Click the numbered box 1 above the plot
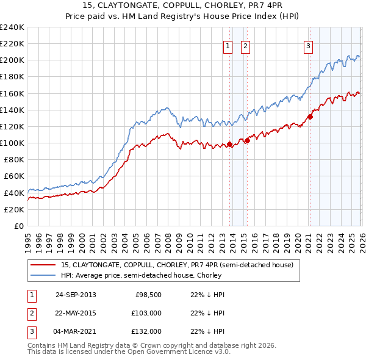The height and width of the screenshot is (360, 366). tap(228, 45)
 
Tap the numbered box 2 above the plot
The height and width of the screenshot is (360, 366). tap(245, 45)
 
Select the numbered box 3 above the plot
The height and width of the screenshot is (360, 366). tap(308, 45)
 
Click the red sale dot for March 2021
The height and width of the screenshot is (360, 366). tap(310, 117)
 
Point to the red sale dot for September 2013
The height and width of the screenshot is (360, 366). tap(230, 145)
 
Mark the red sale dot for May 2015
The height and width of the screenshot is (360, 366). tap(248, 140)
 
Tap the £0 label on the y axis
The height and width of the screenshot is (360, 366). tap(18, 226)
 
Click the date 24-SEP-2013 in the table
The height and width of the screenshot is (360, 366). tap(76, 295)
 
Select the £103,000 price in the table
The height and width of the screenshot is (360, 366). tap(147, 313)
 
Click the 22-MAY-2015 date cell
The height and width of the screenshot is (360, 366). tap(76, 313)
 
